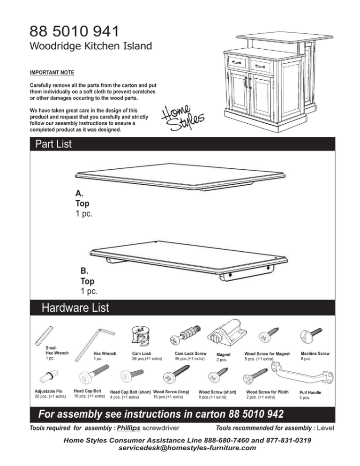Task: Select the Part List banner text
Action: tap(53, 144)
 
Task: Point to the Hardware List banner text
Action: tap(75, 308)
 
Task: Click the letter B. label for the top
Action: tap(85, 271)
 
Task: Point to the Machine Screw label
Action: tap(315, 353)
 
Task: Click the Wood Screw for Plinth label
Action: tap(267, 391)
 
